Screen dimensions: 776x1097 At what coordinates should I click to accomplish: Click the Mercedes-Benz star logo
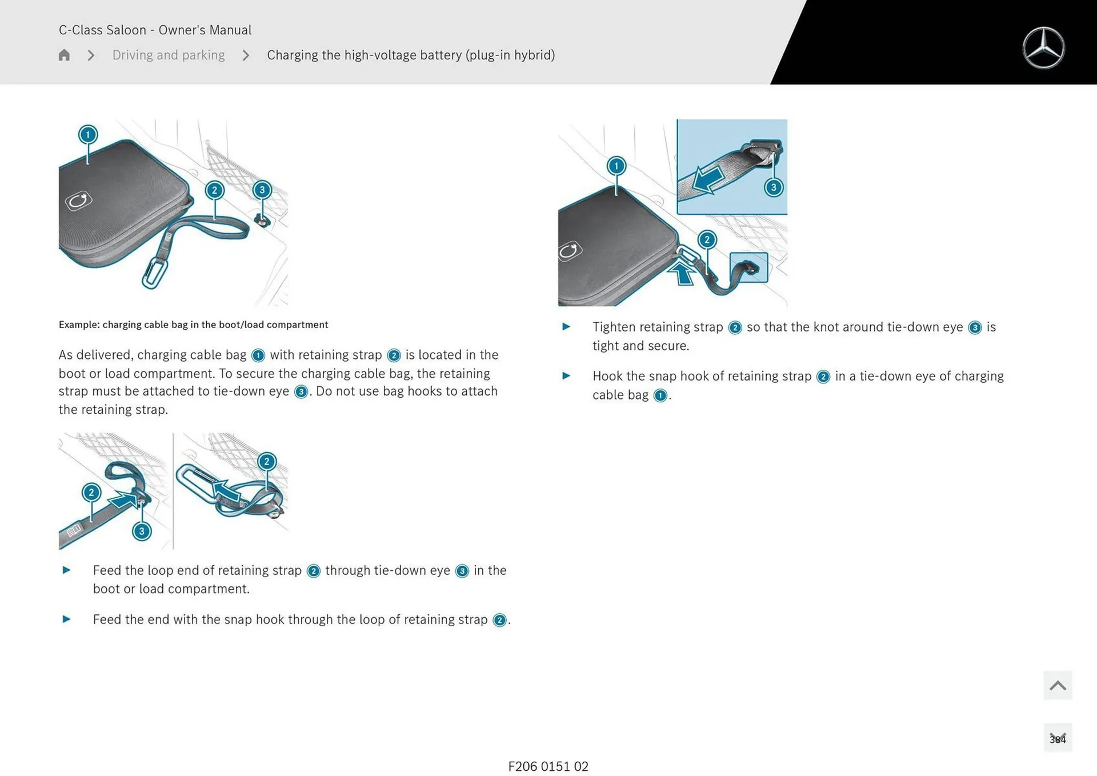(1043, 48)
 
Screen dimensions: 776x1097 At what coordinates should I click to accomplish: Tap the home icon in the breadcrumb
(64, 55)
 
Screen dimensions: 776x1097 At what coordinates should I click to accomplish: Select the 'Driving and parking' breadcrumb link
(168, 55)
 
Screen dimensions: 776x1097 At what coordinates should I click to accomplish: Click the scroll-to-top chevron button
(1057, 685)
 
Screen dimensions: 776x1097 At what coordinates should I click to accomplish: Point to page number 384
(1057, 739)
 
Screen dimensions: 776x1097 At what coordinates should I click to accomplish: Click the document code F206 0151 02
(548, 766)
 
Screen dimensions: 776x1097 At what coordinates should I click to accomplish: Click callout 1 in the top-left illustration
(88, 135)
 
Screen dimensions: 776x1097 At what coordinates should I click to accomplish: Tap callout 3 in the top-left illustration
(262, 190)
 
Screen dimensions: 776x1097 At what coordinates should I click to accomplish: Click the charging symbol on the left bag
(78, 201)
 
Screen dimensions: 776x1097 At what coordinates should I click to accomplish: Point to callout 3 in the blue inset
(773, 187)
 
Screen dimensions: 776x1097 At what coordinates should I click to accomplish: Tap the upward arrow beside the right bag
(682, 273)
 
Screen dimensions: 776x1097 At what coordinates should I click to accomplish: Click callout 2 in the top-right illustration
(707, 239)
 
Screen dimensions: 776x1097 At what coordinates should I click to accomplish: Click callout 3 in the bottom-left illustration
(142, 531)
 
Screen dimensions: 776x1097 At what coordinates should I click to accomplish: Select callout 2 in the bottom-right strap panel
(267, 461)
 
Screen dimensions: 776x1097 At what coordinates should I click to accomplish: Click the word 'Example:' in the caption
(79, 325)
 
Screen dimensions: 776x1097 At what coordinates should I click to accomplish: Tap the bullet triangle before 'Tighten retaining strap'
(566, 327)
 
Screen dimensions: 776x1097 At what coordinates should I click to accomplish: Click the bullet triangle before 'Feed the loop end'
(66, 570)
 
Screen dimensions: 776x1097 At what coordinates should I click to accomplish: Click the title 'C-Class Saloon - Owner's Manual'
(155, 30)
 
